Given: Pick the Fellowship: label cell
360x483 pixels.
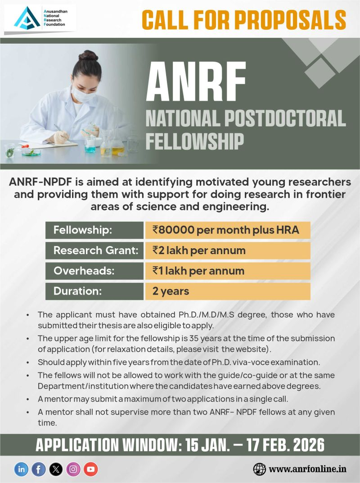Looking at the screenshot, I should coord(94,230).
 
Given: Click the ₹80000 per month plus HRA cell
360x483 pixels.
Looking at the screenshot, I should coord(227,230).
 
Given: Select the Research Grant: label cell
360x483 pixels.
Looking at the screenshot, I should coord(94,250).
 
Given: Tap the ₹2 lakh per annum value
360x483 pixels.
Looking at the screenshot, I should coord(199,250).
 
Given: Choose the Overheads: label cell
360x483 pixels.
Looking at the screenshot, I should coord(94,271).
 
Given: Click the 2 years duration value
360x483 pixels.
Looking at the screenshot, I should coord(171,291).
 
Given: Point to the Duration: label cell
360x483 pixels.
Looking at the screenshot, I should coord(94,291).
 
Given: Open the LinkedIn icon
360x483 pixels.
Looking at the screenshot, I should coord(21,469).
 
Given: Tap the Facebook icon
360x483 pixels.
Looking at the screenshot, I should coord(39,469).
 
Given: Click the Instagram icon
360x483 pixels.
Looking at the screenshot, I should coord(73,469).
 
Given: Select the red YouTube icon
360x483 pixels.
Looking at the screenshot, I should coord(91,469).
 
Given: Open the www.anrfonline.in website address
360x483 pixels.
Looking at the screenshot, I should coord(308,469).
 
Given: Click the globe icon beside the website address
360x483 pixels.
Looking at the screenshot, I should coord(260,469).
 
